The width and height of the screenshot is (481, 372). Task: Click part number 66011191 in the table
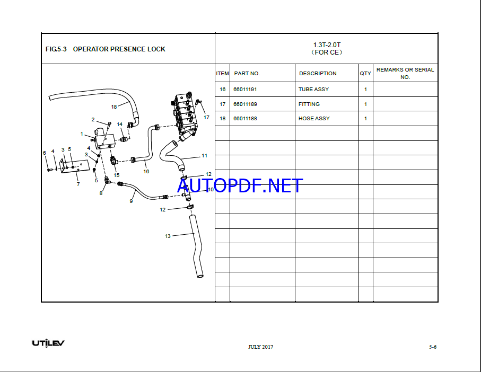tap(245, 90)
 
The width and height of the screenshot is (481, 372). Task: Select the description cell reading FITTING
tap(309, 104)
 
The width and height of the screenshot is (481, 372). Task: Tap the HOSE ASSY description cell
tap(314, 119)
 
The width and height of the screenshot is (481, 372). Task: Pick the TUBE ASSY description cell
tap(313, 90)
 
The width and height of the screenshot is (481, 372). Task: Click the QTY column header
tap(365, 74)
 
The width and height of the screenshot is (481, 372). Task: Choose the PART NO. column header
tap(247, 74)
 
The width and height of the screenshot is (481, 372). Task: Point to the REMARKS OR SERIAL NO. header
tap(405, 74)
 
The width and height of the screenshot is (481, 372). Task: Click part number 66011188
tap(245, 119)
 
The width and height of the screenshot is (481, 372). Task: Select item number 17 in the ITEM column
tap(222, 104)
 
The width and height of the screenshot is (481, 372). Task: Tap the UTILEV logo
tap(48, 343)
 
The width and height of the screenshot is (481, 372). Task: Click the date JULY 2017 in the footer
tap(260, 347)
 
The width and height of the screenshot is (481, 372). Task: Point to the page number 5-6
tap(433, 347)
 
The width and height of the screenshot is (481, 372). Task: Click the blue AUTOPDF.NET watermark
tap(240, 185)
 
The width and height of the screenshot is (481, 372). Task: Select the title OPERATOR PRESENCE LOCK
tap(119, 49)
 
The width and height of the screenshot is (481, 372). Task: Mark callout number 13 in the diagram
tap(168, 236)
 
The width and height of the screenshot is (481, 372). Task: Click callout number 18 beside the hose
tap(114, 107)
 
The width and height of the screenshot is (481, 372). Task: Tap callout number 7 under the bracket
tap(78, 184)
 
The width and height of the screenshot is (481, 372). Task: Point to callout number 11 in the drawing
tap(205, 156)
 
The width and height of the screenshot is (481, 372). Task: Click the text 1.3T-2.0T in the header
tap(327, 45)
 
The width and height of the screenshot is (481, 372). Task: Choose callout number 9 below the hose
tap(131, 201)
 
